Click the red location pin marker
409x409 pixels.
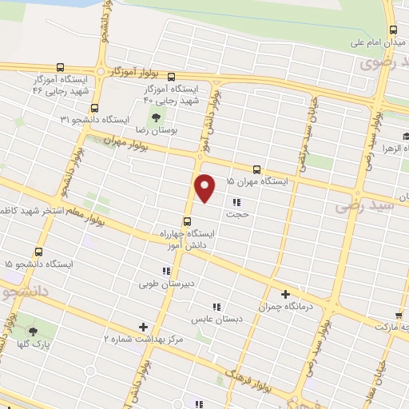click(205, 189)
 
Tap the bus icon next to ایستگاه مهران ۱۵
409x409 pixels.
click(256, 169)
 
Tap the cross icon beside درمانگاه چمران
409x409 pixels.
click(285, 294)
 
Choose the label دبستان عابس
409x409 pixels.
click(204, 318)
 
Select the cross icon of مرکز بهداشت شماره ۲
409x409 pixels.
click(143, 326)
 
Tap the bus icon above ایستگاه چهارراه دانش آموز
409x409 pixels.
click(188, 221)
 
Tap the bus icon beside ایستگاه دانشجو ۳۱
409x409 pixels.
click(95, 108)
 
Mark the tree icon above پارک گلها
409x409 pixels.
click(33, 331)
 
